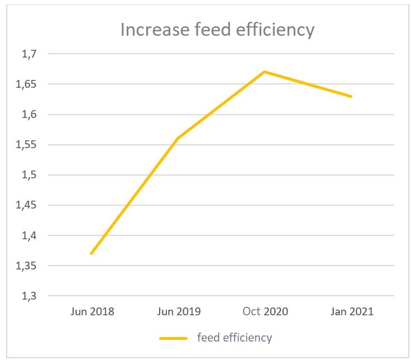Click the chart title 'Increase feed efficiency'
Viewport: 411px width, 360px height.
coord(217,30)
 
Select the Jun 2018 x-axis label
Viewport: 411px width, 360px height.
coord(92,311)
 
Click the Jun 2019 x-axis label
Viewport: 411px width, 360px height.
coord(179,311)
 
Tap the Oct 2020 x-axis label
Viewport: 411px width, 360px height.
coord(265,311)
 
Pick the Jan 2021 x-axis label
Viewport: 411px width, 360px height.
coord(351,311)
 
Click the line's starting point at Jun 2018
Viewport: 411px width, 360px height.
coord(91,253)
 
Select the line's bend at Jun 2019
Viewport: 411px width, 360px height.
coord(178,139)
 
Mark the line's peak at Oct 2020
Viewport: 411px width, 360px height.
coord(265,72)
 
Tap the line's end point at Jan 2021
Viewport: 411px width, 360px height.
coord(351,96)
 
